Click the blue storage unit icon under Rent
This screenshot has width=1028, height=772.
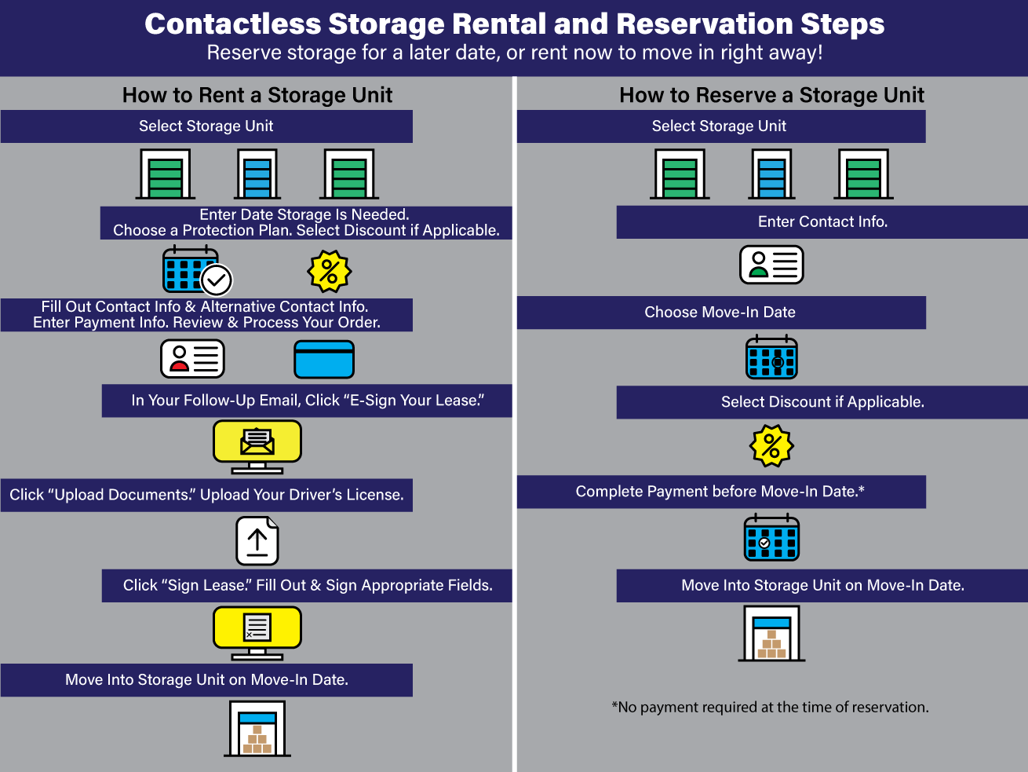pyautogui.click(x=257, y=174)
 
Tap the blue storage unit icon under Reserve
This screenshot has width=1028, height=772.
pyautogui.click(x=772, y=174)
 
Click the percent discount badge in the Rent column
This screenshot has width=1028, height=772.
pyautogui.click(x=330, y=272)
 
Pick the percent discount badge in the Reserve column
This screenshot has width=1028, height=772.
pyautogui.click(x=772, y=446)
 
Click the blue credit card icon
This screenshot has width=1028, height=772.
pyautogui.click(x=324, y=360)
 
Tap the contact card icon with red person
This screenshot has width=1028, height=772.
pyautogui.click(x=193, y=359)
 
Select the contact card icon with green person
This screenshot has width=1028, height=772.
pyautogui.click(x=771, y=265)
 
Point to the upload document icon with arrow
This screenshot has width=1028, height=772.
pyautogui.click(x=257, y=541)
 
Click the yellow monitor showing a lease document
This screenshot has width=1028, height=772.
pyautogui.click(x=257, y=632)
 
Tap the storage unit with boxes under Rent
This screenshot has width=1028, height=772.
pyautogui.click(x=257, y=729)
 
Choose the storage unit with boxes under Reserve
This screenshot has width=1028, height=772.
pyautogui.click(x=772, y=634)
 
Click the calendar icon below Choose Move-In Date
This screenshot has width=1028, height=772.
pyautogui.click(x=771, y=357)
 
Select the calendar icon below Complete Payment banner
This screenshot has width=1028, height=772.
pyautogui.click(x=771, y=538)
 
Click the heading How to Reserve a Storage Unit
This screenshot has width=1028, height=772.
pyautogui.click(x=771, y=95)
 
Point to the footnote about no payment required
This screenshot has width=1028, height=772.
pyautogui.click(x=770, y=707)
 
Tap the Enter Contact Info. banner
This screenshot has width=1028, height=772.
pyautogui.click(x=822, y=222)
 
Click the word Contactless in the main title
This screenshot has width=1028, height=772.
pyautogui.click(x=233, y=24)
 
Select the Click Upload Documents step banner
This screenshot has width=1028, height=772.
pyautogui.click(x=206, y=496)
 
